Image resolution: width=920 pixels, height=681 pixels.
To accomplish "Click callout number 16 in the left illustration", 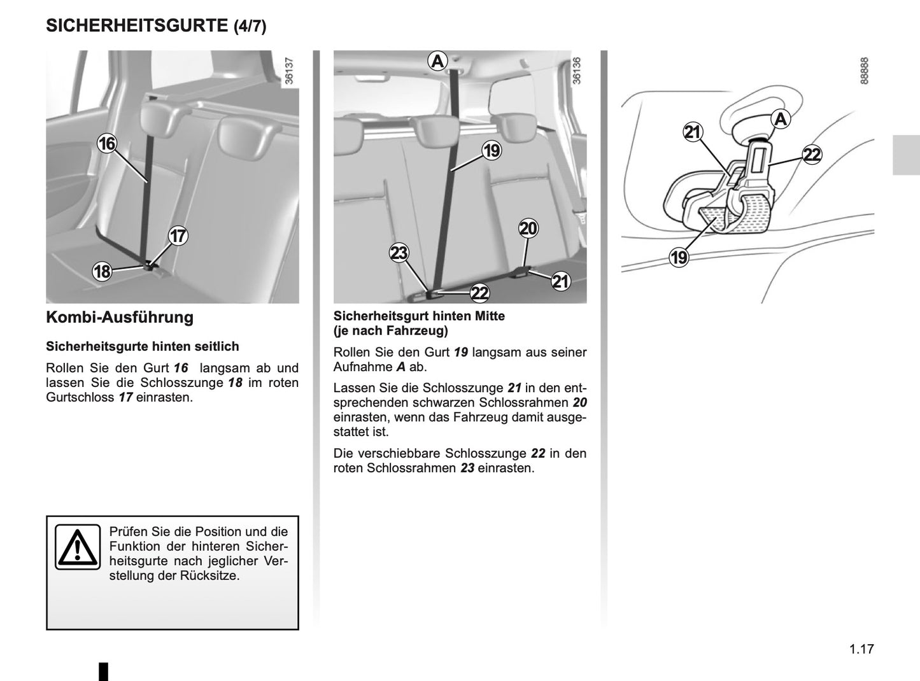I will coord(106,144).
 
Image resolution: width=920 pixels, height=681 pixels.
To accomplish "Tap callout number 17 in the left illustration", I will coord(178,236).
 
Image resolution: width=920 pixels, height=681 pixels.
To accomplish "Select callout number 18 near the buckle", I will coord(102,272).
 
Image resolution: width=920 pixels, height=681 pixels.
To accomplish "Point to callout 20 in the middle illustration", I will coord(528,228).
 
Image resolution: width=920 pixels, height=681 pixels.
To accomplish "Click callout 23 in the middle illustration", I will coord(399,253).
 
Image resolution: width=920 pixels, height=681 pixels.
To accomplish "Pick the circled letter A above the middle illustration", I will coord(437,61).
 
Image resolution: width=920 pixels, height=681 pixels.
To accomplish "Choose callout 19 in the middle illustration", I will coord(492,151).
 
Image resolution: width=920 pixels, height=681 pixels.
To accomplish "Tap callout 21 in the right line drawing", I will coord(692,132).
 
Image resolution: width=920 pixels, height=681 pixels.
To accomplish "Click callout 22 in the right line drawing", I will coord(812,155).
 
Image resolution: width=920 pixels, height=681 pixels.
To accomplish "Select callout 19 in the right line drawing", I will coord(679,257).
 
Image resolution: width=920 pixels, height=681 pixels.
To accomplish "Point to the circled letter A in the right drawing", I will coord(781,119).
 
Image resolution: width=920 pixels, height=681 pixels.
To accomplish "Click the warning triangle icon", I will coord(78,547).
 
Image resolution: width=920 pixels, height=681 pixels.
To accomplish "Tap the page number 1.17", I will coord(861,649).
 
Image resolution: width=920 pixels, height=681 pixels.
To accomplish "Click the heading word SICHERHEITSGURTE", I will coord(137,26).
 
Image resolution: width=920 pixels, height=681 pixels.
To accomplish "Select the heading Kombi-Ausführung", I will coord(120,318).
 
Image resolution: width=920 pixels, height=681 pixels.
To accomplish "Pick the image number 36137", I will coord(289,72).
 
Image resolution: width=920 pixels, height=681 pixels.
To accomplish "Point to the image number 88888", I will coord(864,71).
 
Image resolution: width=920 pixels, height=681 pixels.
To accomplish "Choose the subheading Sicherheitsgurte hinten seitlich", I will coord(143,346).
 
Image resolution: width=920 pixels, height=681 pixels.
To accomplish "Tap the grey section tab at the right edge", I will coord(905,155).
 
